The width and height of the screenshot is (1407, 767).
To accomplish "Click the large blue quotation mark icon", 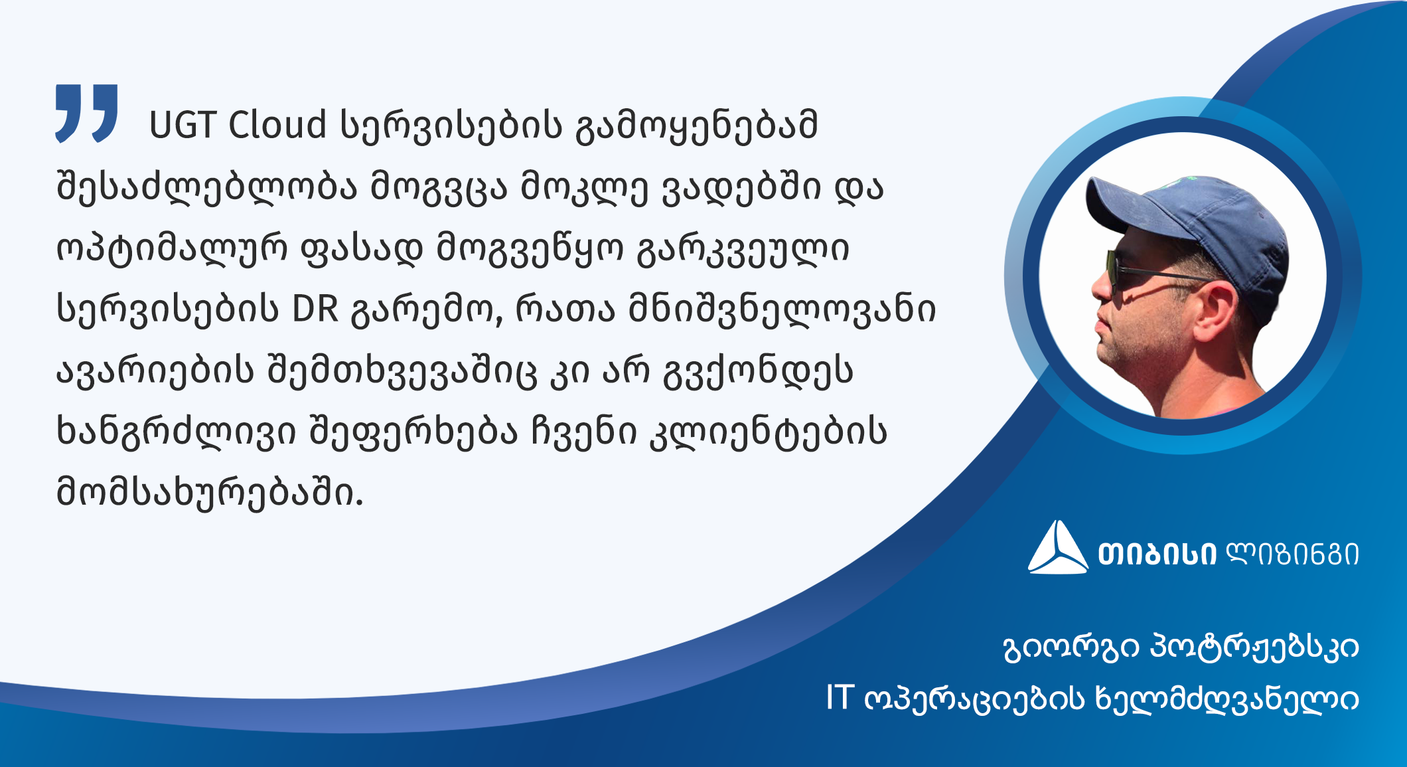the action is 86,113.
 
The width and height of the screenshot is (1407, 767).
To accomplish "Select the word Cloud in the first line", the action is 277,124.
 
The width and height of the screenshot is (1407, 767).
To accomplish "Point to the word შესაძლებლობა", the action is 206,187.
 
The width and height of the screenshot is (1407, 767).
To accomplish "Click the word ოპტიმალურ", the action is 171,249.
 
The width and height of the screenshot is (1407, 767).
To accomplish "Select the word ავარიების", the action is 155,371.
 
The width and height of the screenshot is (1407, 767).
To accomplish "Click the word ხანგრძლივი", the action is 176,432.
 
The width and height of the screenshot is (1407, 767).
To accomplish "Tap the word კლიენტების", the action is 768,432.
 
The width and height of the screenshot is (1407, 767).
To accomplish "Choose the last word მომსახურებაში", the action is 210,493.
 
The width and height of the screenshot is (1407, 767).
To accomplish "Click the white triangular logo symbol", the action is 1058,547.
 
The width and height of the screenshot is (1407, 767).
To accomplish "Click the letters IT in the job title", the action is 839,699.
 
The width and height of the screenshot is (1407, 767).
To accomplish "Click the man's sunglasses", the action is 1155,273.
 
